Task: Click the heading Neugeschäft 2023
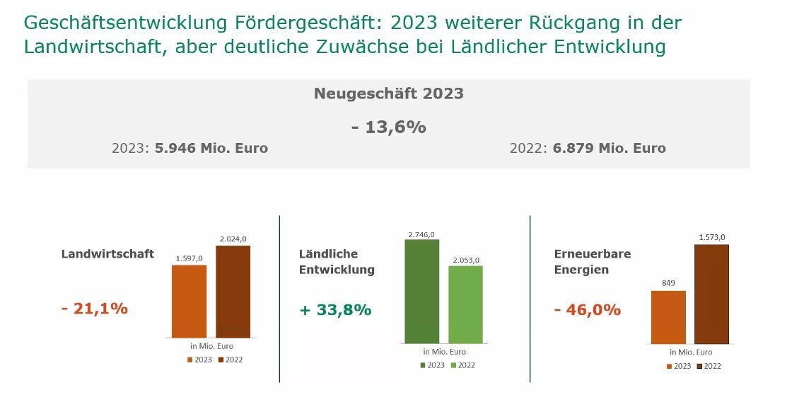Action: tap(388, 93)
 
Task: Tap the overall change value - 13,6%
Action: tap(388, 127)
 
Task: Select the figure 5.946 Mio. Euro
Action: tap(211, 149)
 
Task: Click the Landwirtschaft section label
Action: tap(107, 254)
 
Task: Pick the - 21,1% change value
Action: tap(94, 309)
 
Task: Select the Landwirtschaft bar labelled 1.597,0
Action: tap(189, 301)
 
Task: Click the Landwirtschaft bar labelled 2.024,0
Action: tap(233, 291)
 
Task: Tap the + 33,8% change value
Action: tap(335, 310)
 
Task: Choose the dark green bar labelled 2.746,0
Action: tap(422, 291)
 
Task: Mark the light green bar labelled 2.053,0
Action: tap(465, 304)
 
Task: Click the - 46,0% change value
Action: tap(588, 310)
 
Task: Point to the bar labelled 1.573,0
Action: tap(711, 294)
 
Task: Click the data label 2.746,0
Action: tap(421, 234)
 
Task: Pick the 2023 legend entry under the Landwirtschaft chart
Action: tap(199, 360)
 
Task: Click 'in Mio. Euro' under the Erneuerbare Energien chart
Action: tap(691, 352)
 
